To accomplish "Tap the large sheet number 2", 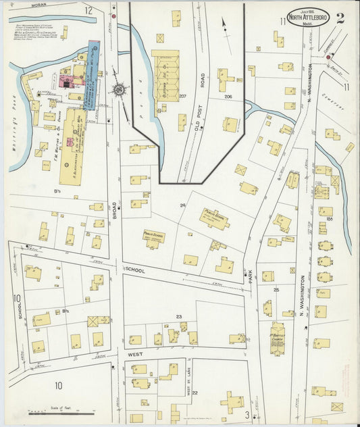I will click(x=340, y=18).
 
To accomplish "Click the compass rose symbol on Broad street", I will click(x=119, y=89).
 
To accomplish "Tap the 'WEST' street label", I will click(x=132, y=353).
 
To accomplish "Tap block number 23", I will click(x=179, y=316).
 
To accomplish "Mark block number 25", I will click(x=276, y=289).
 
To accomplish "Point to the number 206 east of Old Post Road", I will click(x=228, y=97).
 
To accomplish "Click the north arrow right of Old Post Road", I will click(x=224, y=26).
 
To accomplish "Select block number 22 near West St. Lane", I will click(x=195, y=392).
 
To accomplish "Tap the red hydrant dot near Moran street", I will click(x=114, y=15).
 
